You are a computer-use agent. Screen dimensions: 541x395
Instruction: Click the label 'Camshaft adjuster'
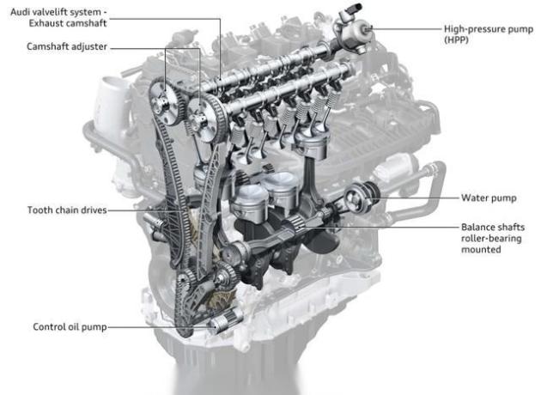pyautogui.click(x=67, y=46)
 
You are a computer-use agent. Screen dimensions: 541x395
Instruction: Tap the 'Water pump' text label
pyautogui.click(x=489, y=198)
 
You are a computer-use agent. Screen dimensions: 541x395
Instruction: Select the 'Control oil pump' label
pyautogui.click(x=70, y=326)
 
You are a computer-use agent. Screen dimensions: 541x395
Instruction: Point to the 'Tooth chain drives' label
pyautogui.click(x=67, y=210)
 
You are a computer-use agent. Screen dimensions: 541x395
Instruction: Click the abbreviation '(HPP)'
pyautogui.click(x=456, y=40)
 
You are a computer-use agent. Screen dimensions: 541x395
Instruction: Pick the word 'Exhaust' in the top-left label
pyautogui.click(x=46, y=23)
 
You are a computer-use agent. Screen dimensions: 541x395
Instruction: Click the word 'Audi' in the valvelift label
pyautogui.click(x=20, y=12)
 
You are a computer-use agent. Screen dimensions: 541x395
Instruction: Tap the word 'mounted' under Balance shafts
pyautogui.click(x=481, y=249)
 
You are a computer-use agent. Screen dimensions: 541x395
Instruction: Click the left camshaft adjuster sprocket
pyautogui.click(x=166, y=100)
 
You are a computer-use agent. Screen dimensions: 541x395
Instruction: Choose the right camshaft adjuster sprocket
pyautogui.click(x=205, y=118)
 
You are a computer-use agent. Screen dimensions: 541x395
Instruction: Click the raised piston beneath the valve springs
pyautogui.click(x=311, y=145)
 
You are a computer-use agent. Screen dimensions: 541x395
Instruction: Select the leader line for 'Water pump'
pyautogui.click(x=416, y=198)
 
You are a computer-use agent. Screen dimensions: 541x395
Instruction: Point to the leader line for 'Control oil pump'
pyautogui.click(x=159, y=326)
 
